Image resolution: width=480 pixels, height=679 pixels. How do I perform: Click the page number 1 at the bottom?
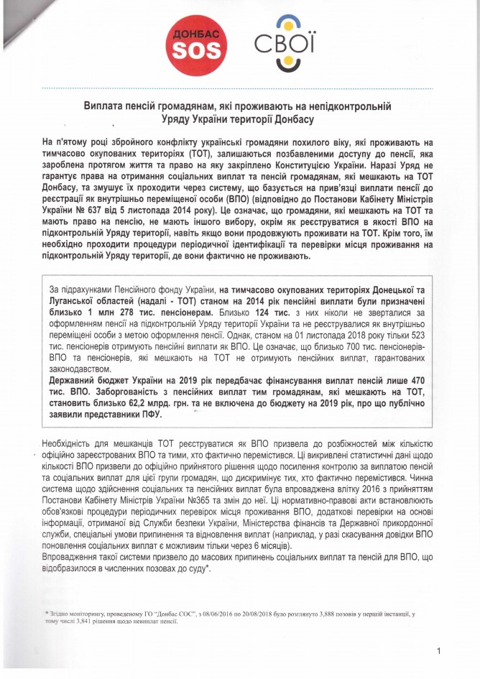point(438,650)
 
